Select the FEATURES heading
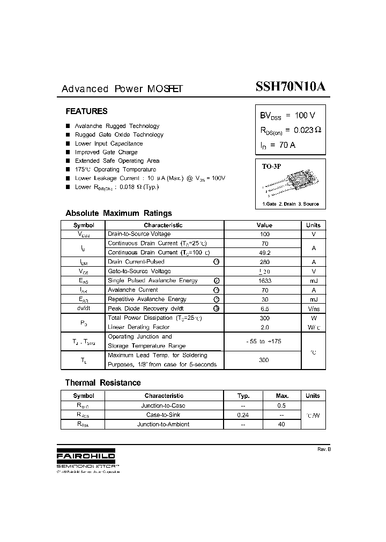[86, 111]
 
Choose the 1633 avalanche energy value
[264, 281]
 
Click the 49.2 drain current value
[264, 253]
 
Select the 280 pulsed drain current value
[264, 262]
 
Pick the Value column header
[264, 225]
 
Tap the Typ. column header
[243, 396]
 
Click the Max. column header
[282, 396]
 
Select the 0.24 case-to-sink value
[243, 415]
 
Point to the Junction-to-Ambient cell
[163, 424]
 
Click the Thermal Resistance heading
[103, 383]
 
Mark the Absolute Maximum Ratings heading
[118, 213]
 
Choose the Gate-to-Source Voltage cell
[139, 272]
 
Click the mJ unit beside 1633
[314, 281]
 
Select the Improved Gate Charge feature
[106, 152]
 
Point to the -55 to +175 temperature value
[264, 341]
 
